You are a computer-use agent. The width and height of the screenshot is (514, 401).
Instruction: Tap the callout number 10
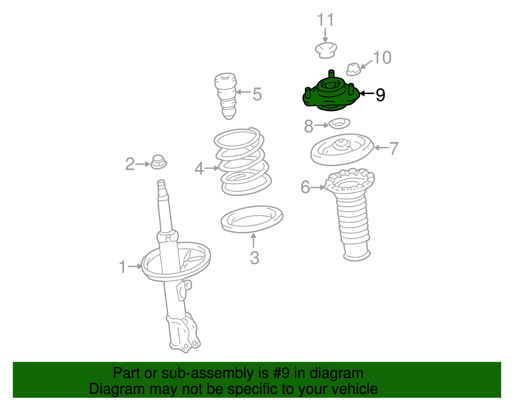pyautogui.click(x=382, y=57)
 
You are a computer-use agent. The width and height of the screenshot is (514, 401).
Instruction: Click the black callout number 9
pyautogui.click(x=380, y=95)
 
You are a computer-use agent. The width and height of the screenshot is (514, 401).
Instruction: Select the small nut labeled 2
pyautogui.click(x=158, y=162)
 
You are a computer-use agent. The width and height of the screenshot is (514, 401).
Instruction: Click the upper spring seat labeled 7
pyautogui.click(x=342, y=150)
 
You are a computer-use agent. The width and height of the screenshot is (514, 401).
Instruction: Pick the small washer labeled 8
pyautogui.click(x=340, y=123)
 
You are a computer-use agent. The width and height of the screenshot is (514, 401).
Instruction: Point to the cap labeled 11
pyautogui.click(x=326, y=50)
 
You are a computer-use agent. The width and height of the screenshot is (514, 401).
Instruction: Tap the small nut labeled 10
pyautogui.click(x=354, y=69)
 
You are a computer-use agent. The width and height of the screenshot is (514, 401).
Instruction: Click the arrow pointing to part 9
pyautogui.click(x=367, y=94)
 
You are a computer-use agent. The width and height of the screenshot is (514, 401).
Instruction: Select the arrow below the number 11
pyautogui.click(x=325, y=35)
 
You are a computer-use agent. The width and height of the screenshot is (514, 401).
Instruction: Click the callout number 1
pyautogui.click(x=122, y=266)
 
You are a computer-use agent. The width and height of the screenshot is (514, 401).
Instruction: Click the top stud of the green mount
pyautogui.click(x=332, y=74)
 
